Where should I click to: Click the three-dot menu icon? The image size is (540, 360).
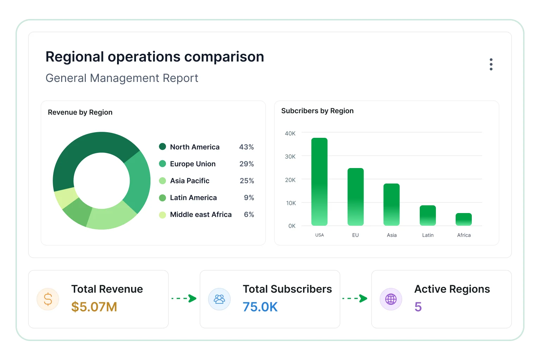pyautogui.click(x=491, y=64)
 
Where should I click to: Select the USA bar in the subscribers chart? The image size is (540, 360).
pyautogui.click(x=320, y=182)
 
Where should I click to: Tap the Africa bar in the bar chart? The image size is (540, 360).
pyautogui.click(x=464, y=219)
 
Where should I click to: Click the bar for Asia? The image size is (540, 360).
pyautogui.click(x=392, y=205)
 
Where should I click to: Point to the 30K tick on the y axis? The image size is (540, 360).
pyautogui.click(x=290, y=156)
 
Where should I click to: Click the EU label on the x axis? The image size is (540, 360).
pyautogui.click(x=355, y=235)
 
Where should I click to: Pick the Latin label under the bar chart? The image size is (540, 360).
pyautogui.click(x=427, y=235)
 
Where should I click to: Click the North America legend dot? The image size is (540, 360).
pyautogui.click(x=162, y=147)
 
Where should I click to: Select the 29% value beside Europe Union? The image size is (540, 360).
pyautogui.click(x=246, y=164)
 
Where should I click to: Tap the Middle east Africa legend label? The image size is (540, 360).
pyautogui.click(x=201, y=214)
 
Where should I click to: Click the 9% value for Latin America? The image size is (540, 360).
pyautogui.click(x=249, y=198)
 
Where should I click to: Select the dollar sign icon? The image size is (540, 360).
pyautogui.click(x=48, y=299)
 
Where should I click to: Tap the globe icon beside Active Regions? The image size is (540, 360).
pyautogui.click(x=391, y=299)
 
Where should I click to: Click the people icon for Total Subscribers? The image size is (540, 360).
pyautogui.click(x=219, y=299)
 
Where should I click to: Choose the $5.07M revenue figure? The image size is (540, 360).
pyautogui.click(x=94, y=307)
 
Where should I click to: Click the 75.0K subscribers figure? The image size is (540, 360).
pyautogui.click(x=260, y=307)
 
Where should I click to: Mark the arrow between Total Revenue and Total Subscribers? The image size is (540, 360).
pyautogui.click(x=184, y=298)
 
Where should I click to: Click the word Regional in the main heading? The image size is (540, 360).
pyautogui.click(x=75, y=57)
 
